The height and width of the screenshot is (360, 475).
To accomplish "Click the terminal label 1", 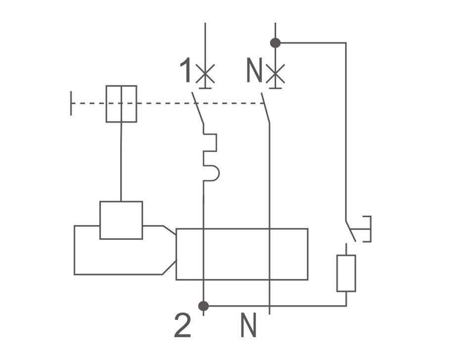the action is pos(186,70).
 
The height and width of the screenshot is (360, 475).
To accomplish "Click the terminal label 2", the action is pos(183,325).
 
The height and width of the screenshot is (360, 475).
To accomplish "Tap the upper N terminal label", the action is pos(254,70).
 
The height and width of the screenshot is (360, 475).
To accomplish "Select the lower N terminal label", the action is pos(248,325).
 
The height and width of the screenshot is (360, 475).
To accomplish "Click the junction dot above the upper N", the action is pos(276,43).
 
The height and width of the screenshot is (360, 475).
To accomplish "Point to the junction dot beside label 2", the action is pos(203,306).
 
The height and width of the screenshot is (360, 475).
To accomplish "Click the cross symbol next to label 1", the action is pos(205,74).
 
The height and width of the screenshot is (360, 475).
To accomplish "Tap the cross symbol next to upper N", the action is pos(275,74).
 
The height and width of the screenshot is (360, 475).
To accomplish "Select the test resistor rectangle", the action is pos(346,273).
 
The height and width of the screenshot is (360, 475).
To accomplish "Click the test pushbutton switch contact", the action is pos(350,231).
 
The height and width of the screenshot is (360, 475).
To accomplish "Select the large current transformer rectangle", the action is pos(242,254).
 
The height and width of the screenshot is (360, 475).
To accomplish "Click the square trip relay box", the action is pos(121,220).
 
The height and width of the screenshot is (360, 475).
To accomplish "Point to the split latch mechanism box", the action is pos(122,104).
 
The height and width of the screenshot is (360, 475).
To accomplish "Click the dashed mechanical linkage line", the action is pos(168,103).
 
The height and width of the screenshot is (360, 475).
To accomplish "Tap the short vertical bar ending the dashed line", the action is pos(71,103).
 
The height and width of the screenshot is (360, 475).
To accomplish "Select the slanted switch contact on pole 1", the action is pos(197,108).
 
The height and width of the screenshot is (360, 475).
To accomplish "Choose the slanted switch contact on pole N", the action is pos(265,108).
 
